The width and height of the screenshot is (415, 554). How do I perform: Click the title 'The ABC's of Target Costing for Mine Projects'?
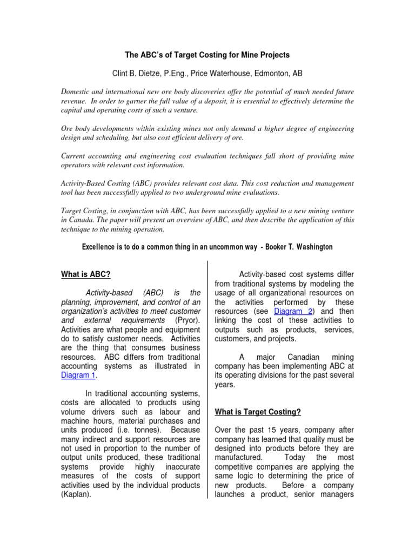coord(207,55)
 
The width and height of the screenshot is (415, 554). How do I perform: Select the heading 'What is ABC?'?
coord(86,274)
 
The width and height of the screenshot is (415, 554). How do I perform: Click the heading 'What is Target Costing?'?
coord(258,412)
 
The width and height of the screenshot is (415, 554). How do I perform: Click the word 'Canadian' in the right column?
coord(290,357)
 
